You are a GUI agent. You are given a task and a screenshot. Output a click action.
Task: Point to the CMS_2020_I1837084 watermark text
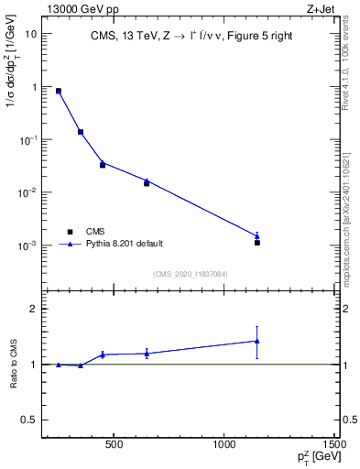point(191,274)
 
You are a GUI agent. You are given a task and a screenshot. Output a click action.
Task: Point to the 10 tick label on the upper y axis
point(29,33)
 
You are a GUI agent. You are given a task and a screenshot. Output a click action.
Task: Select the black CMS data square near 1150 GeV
point(257,243)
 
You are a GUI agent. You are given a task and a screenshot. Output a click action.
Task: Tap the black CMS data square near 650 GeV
point(147,183)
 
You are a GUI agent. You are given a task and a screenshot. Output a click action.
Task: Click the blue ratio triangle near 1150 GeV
point(257,341)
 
